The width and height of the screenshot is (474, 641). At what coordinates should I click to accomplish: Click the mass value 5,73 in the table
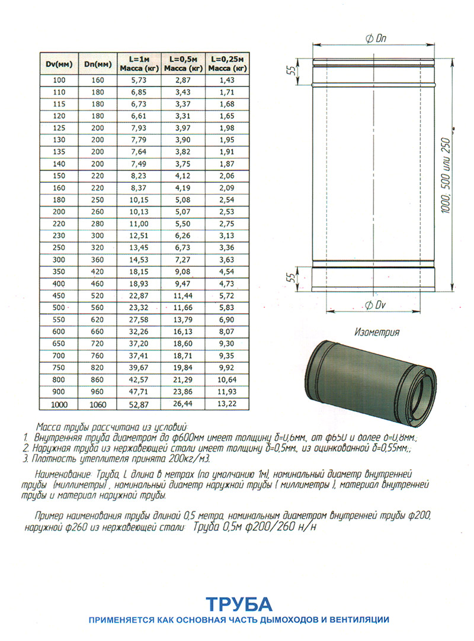[139, 79]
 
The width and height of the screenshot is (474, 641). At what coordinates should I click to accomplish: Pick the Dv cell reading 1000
[60, 404]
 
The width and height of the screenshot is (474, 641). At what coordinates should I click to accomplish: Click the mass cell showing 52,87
[139, 404]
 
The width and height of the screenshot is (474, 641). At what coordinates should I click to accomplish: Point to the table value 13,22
[227, 404]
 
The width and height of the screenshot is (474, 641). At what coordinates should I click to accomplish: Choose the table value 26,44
[184, 404]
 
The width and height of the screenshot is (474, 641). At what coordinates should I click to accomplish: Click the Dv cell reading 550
[60, 320]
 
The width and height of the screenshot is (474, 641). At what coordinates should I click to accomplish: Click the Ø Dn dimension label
[376, 38]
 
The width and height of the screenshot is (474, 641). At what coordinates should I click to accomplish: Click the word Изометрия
[375, 333]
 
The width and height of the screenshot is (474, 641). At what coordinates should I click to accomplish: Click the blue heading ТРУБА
[239, 604]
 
